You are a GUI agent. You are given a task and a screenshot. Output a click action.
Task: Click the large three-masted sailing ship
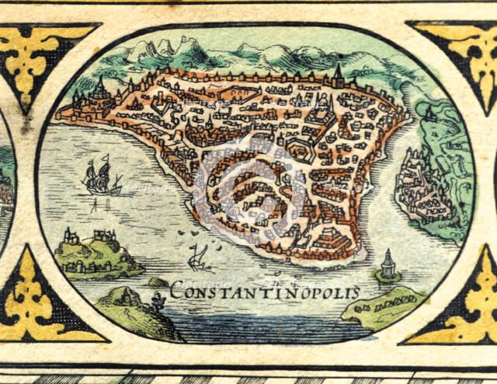102,177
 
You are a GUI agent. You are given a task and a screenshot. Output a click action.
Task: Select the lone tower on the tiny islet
388,264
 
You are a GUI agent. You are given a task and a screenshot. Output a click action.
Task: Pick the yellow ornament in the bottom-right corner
466,303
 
